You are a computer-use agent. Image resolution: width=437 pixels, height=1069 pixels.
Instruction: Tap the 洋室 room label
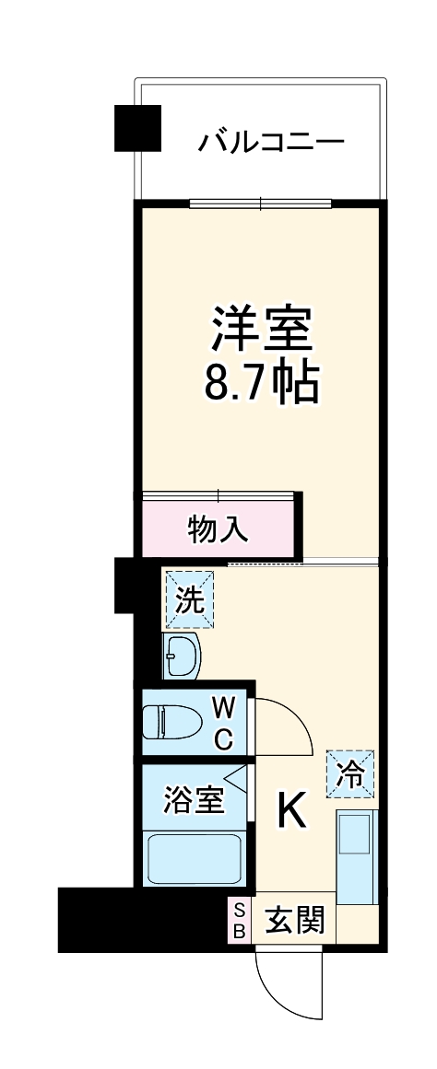(x=263, y=328)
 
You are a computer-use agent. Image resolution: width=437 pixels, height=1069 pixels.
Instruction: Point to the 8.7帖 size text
(x=262, y=382)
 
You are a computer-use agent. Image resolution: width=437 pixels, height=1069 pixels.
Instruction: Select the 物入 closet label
(x=218, y=529)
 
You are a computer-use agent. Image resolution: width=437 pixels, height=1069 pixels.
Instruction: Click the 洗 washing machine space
(x=189, y=599)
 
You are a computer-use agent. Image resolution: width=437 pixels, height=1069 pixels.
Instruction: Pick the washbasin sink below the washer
(x=182, y=655)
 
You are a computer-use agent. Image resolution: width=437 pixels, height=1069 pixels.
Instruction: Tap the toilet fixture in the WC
(x=175, y=721)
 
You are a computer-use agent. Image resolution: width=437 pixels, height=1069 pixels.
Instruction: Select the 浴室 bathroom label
(x=193, y=799)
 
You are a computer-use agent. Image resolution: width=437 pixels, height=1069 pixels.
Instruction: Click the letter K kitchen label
(x=292, y=811)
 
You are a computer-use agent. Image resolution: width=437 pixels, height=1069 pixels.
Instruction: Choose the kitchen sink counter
(x=356, y=856)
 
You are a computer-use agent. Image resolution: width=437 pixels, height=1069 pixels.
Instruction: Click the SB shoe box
(x=239, y=919)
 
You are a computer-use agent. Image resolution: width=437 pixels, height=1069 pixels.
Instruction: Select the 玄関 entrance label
(x=295, y=919)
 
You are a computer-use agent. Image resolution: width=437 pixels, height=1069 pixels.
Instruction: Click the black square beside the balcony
(x=137, y=128)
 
